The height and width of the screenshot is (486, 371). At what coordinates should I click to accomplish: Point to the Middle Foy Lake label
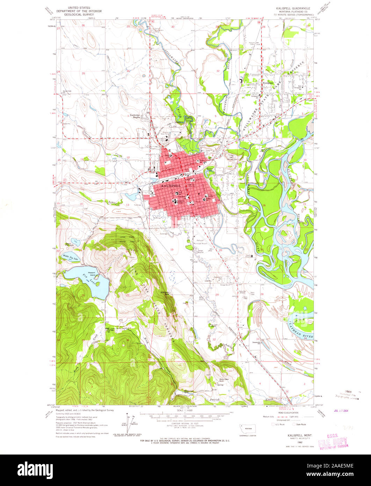pyautogui.click(x=71, y=258)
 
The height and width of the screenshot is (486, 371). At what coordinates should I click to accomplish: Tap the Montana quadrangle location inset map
pyautogui.click(x=249, y=428)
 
